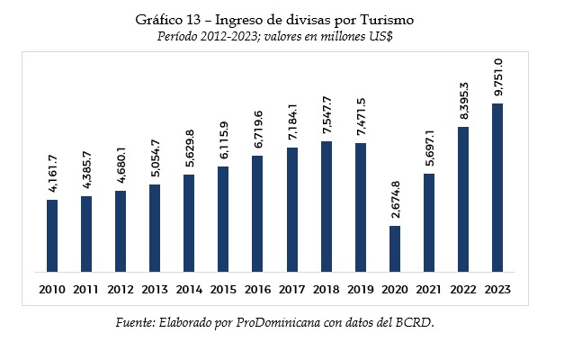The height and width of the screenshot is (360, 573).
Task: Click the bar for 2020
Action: (x=395, y=248)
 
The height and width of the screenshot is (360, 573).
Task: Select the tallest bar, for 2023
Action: (x=497, y=187)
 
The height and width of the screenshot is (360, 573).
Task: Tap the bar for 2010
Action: (x=52, y=235)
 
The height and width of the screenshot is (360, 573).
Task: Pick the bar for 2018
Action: (x=327, y=206)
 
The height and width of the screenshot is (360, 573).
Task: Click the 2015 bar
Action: (x=223, y=219)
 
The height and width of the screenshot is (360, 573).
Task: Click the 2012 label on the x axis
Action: (x=121, y=290)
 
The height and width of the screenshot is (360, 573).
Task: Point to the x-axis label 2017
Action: (x=291, y=290)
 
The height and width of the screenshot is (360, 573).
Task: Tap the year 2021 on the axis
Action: (x=429, y=290)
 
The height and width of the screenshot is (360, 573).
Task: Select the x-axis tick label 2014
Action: (x=189, y=290)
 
